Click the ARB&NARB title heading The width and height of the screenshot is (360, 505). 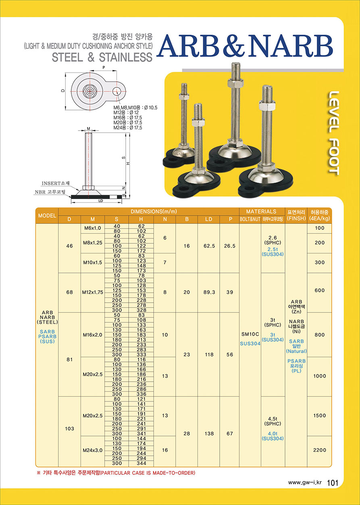point(245,46)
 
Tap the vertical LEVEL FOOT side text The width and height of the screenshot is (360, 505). point(334,133)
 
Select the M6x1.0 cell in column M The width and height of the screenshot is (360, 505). point(92,228)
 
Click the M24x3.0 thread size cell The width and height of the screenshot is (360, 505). point(92,450)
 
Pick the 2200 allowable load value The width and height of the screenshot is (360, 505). point(320,450)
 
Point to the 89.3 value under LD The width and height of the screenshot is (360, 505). point(209,292)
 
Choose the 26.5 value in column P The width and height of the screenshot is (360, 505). point(230,246)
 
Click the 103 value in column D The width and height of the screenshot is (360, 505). point(69,428)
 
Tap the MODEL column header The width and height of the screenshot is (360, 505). point(47,216)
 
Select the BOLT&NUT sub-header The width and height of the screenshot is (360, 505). point(250,219)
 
